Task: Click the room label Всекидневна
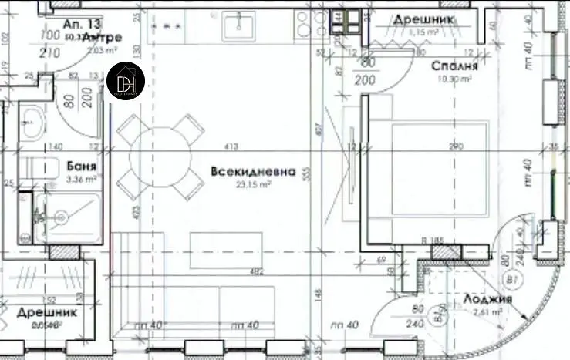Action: coord(252,171)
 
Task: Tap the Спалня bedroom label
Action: coord(456,67)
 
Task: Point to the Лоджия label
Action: coord(484,298)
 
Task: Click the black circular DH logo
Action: coord(126,80)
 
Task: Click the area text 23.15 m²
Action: coord(251,184)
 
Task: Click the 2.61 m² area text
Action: coord(487,311)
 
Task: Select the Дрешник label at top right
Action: coord(423,19)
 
